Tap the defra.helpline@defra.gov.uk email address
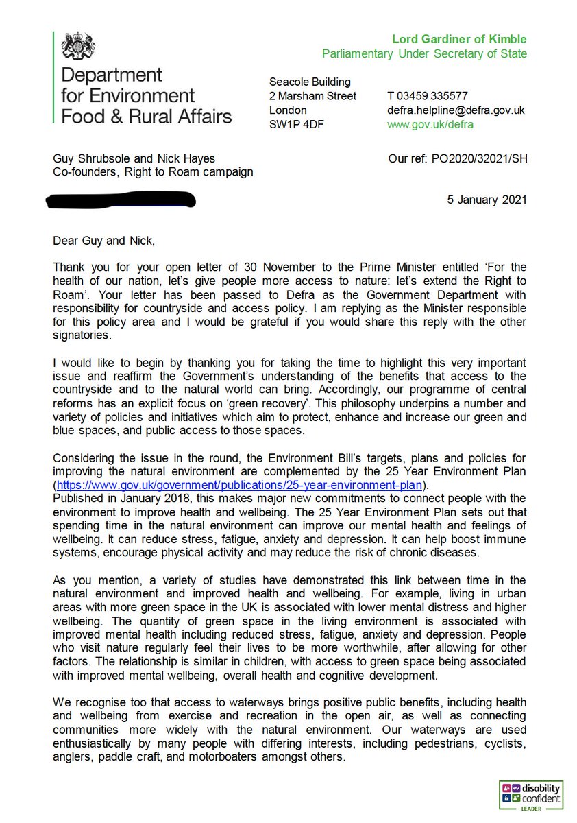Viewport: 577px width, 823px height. pyautogui.click(x=456, y=110)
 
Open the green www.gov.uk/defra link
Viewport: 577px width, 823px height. pyautogui.click(x=430, y=125)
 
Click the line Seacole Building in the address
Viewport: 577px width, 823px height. pyautogui.click(x=309, y=82)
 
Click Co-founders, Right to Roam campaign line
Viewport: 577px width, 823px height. pyautogui.click(x=153, y=171)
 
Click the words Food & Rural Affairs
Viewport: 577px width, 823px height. pyautogui.click(x=147, y=115)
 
